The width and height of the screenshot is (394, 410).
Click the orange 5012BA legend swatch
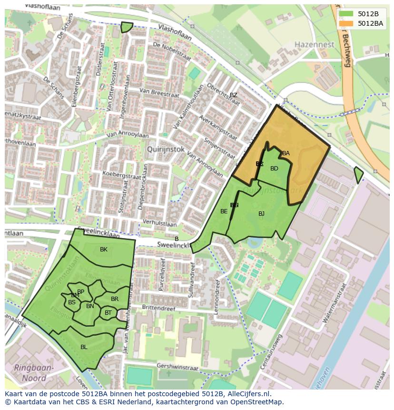(x=346, y=23)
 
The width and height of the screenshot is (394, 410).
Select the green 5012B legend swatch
(x=346, y=13)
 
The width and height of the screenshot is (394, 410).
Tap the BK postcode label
(x=104, y=250)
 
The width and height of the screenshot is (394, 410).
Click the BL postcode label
(x=84, y=347)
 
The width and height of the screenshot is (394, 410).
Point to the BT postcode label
(x=108, y=313)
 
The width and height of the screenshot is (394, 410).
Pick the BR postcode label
(x=115, y=299)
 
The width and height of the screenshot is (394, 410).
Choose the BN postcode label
(x=90, y=306)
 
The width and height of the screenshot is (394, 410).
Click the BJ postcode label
(x=261, y=214)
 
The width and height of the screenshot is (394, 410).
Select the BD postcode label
(x=274, y=169)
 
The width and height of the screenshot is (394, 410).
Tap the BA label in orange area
(x=286, y=153)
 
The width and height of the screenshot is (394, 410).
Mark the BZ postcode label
(x=233, y=95)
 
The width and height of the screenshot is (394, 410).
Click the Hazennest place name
(x=314, y=44)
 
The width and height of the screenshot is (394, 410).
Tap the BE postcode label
(x=224, y=211)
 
